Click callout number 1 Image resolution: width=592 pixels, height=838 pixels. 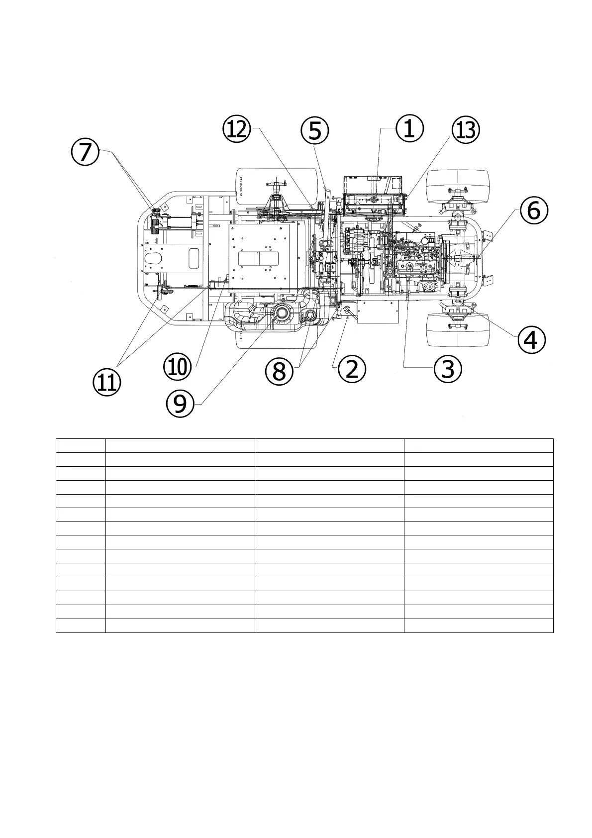[x=409, y=129]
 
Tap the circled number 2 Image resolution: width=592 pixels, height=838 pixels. [x=352, y=370]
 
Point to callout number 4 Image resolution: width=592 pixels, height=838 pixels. [x=531, y=341]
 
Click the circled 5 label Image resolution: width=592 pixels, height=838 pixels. [x=315, y=131]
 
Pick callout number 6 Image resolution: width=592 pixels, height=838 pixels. [x=534, y=210]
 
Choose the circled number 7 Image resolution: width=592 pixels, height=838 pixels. [x=85, y=151]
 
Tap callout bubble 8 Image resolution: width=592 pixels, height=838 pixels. [x=279, y=371]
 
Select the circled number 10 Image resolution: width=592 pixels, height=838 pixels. [x=177, y=368]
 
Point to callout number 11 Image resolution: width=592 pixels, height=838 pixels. [x=106, y=383]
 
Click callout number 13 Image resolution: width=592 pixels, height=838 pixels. [x=465, y=131]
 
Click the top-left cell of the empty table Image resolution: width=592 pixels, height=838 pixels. [x=81, y=445]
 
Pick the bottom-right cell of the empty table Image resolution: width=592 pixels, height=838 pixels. [x=478, y=626]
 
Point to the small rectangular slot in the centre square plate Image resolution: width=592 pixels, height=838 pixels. [x=259, y=259]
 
